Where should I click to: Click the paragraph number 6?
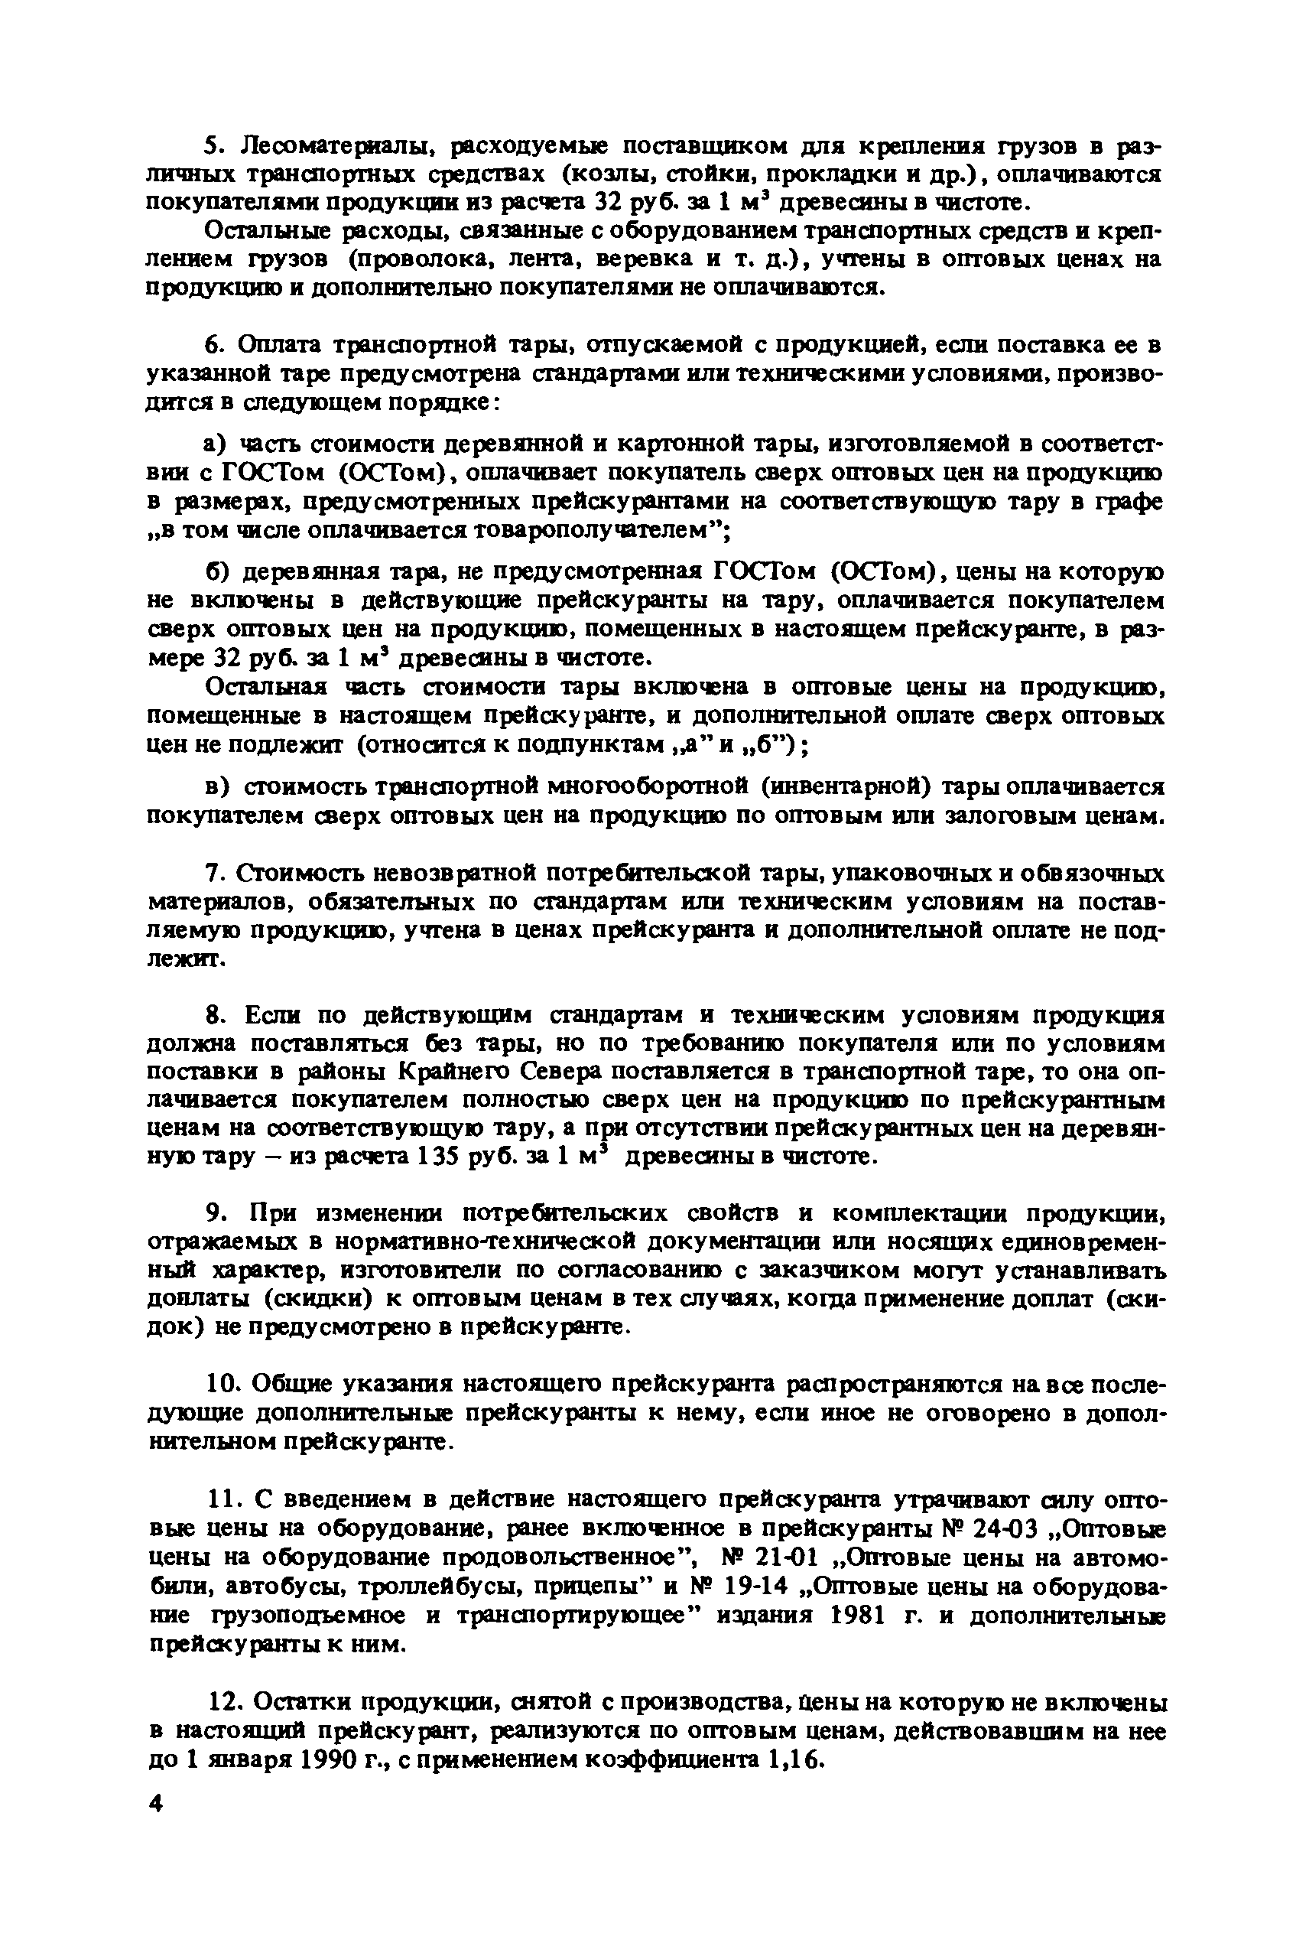(214, 345)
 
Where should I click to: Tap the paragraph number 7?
(214, 874)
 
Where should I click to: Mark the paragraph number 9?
(214, 1213)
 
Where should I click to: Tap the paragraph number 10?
(220, 1384)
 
